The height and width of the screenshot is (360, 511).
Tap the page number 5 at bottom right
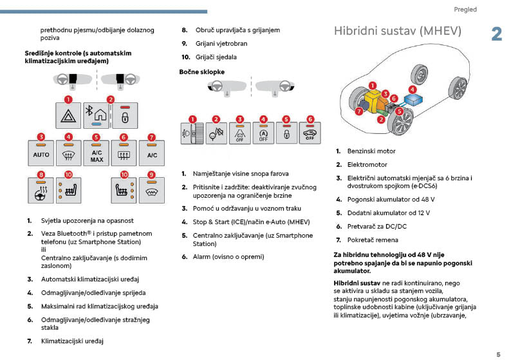[x=497, y=354]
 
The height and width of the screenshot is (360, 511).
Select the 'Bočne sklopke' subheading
[x=202, y=72]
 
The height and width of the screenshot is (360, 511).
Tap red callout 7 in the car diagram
[x=359, y=111]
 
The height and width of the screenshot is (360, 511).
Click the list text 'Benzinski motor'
[x=371, y=151]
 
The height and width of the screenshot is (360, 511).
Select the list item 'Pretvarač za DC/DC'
[x=376, y=226]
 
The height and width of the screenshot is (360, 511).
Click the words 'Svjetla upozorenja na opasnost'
[x=87, y=220]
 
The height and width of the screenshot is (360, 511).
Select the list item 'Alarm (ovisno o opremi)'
[x=228, y=256]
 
